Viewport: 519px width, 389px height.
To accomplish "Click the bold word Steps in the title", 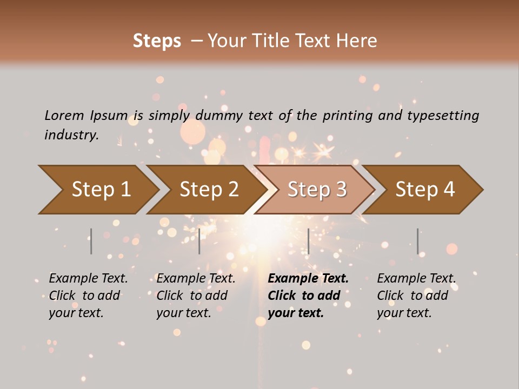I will pyautogui.click(x=157, y=41).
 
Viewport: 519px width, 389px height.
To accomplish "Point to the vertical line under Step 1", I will pyautogui.click(x=91, y=241).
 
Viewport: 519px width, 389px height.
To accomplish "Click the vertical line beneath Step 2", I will pyautogui.click(x=199, y=241).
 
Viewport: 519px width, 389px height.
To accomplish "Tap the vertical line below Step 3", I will pyautogui.click(x=308, y=241).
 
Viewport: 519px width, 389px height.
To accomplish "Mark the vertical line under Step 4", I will pyautogui.click(x=417, y=241).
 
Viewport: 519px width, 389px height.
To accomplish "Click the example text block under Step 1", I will pyautogui.click(x=88, y=296).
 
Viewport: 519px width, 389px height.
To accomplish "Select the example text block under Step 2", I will pyautogui.click(x=196, y=296).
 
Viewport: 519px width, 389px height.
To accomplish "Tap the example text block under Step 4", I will pyautogui.click(x=416, y=296).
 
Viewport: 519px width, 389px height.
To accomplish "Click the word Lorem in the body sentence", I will pyautogui.click(x=64, y=115).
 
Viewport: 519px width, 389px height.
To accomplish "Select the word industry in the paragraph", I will pyautogui.click(x=71, y=135).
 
